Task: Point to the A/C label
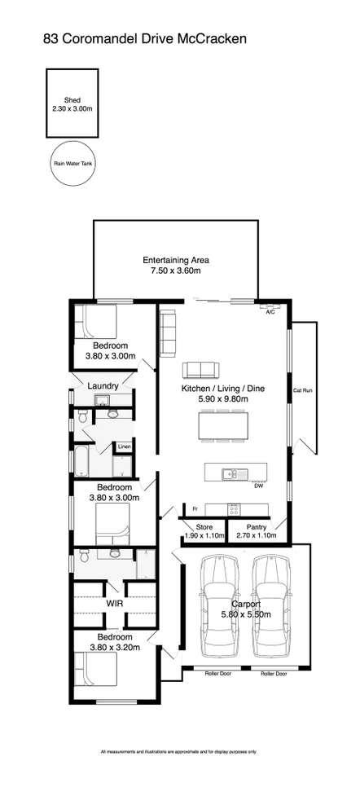[x=270, y=311]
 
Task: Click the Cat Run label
[x=302, y=391]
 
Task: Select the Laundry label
[x=104, y=385]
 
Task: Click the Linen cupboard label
[x=124, y=446]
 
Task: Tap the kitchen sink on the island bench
[x=231, y=473]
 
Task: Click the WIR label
[x=114, y=604]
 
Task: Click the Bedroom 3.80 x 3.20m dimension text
[x=113, y=648]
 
